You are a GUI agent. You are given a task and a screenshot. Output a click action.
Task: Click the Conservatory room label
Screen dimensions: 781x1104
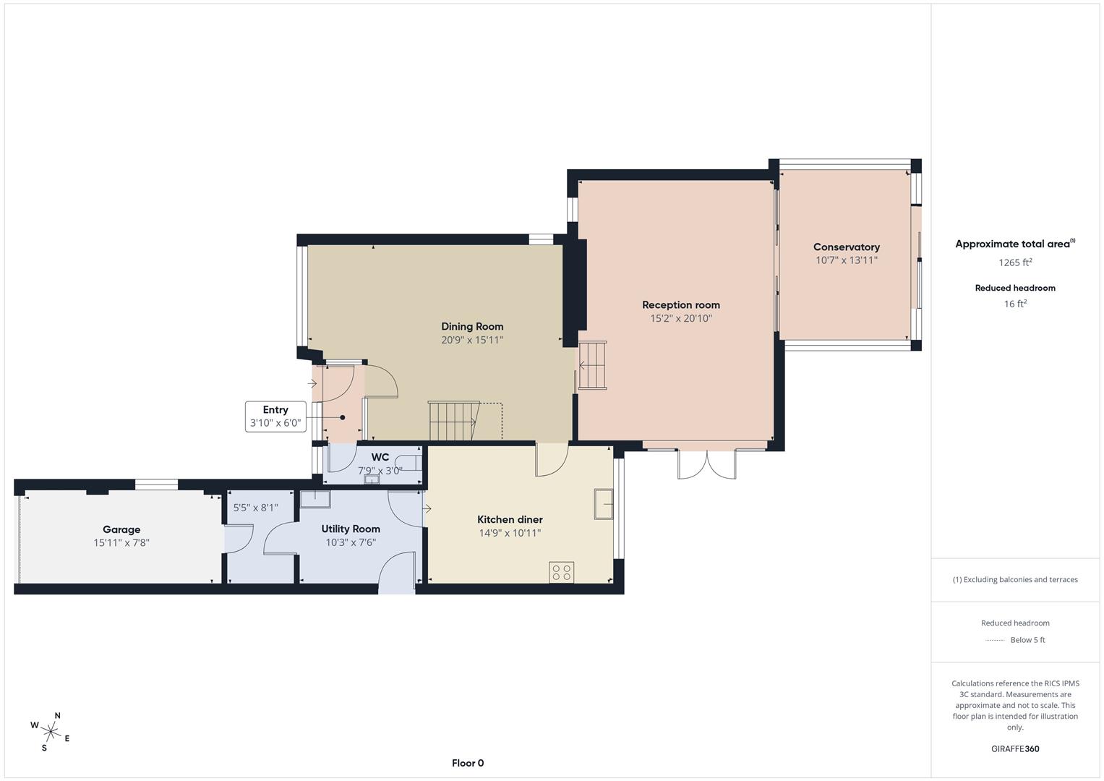coord(846,247)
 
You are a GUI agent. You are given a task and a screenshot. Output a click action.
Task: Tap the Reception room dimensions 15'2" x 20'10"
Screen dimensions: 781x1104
coord(680,318)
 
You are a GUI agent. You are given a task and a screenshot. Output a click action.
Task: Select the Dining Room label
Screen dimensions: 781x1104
coord(472,327)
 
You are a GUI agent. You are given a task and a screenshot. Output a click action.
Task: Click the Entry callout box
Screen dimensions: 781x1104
coord(275,417)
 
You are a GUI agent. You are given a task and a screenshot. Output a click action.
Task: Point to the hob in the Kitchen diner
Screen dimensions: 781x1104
coord(561,572)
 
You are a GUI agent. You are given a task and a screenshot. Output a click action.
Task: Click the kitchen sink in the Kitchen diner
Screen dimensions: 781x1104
coord(603,504)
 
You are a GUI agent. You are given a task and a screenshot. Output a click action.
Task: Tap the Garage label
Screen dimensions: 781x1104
coord(121,529)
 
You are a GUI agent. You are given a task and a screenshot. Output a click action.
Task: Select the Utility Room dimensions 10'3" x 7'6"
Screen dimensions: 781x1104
coord(351,542)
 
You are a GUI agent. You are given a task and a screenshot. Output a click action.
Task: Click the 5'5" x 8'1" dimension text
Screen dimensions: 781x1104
coord(255,508)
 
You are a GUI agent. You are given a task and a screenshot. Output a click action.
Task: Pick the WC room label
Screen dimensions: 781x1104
coord(380,457)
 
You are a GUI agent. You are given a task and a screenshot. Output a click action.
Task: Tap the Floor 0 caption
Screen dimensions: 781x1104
coord(468,763)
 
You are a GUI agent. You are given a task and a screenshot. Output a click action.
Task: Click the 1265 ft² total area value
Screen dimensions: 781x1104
coord(1015,263)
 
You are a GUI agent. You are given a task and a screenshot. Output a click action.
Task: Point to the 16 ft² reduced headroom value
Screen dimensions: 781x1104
coord(1015,304)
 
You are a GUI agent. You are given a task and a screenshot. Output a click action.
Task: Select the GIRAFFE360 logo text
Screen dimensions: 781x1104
coord(1015,748)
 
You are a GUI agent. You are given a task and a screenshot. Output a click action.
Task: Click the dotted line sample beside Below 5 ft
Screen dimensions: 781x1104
coord(996,640)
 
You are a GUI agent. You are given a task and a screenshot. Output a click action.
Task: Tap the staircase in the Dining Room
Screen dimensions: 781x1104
coord(453,421)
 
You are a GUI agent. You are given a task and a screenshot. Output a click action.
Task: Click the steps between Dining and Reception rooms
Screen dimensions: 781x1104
coord(592,365)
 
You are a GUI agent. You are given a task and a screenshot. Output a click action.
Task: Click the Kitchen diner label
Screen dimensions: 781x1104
coord(510,520)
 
